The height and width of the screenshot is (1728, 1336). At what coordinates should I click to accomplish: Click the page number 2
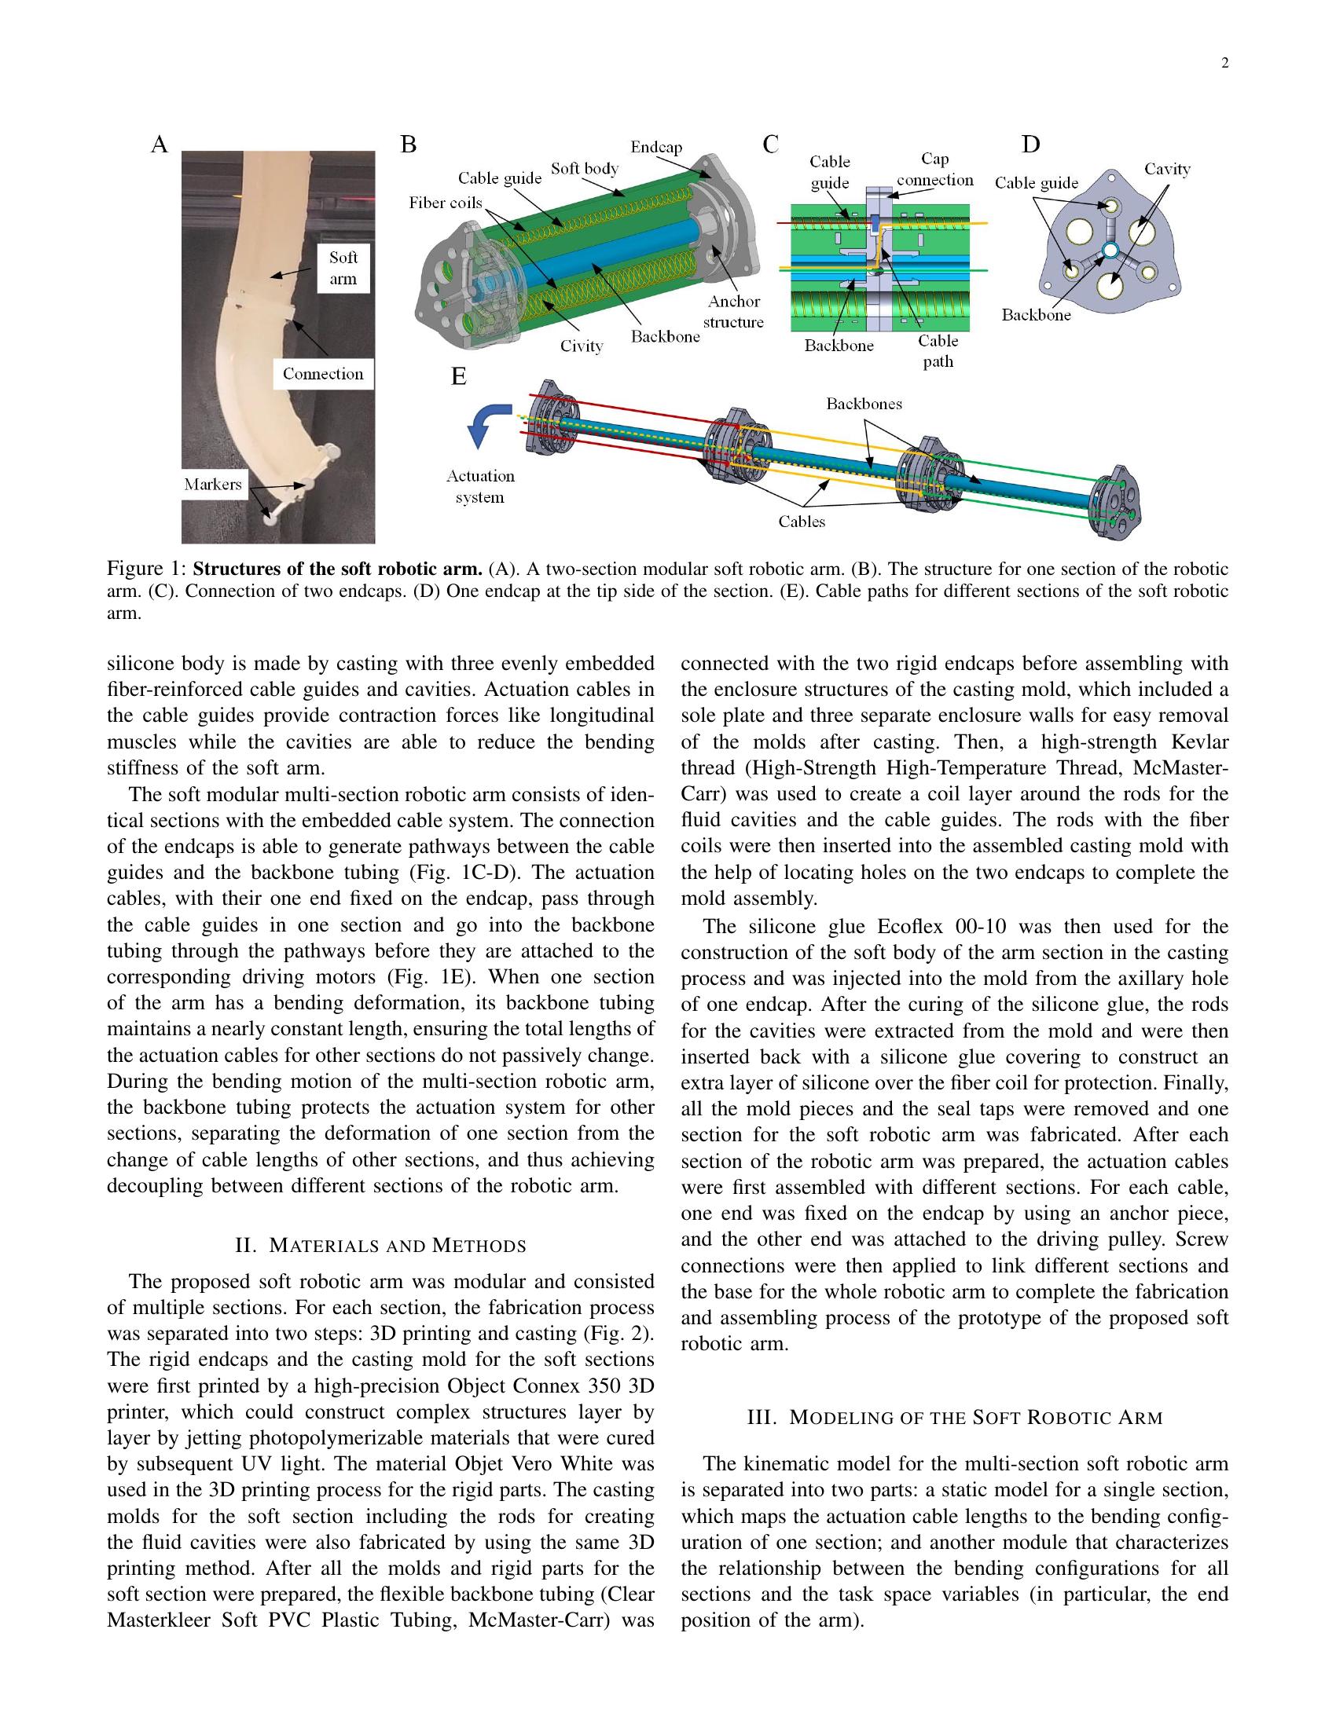(x=1224, y=64)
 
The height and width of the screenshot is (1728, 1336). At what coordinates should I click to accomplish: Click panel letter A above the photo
(x=159, y=145)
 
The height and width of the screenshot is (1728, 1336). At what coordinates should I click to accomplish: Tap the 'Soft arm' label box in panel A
(x=343, y=268)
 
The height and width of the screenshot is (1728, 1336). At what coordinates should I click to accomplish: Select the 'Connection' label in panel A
(x=323, y=374)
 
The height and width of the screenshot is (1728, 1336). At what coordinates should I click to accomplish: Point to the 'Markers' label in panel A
(x=213, y=484)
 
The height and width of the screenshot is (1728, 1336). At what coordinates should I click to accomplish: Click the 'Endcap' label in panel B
(x=656, y=147)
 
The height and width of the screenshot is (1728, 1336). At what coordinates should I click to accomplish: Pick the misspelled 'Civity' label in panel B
(x=582, y=346)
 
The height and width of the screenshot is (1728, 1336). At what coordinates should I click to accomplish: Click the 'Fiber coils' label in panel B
(x=446, y=203)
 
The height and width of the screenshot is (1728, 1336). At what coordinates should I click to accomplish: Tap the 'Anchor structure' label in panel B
(x=734, y=312)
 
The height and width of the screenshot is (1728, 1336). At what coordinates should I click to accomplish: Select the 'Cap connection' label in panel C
(x=934, y=170)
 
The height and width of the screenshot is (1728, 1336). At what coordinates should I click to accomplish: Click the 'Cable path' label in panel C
(x=938, y=351)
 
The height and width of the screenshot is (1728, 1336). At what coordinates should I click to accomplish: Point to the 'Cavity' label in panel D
(x=1167, y=169)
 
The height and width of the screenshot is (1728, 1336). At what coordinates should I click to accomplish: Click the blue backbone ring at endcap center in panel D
(x=1109, y=251)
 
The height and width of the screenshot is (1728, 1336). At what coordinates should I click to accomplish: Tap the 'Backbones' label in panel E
(x=864, y=404)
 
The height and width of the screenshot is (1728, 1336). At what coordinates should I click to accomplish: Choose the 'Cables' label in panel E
(x=802, y=522)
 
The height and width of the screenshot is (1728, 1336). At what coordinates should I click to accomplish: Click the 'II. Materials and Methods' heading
(x=380, y=1247)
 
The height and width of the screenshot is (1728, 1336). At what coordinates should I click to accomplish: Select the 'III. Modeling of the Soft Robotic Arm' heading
(x=955, y=1418)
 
